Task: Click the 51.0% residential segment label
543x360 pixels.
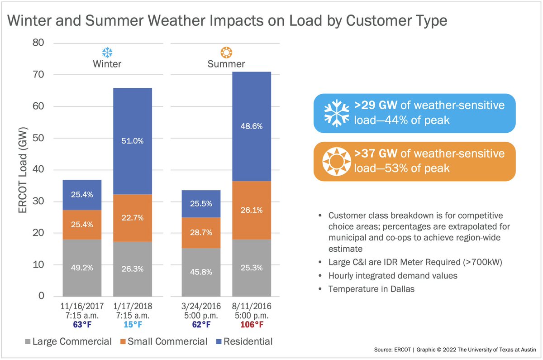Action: [133, 141]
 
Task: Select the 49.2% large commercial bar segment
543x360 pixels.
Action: [82, 268]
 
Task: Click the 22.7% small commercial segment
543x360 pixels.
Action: [133, 217]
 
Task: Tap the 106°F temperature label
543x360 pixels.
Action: [251, 324]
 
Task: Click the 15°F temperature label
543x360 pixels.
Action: [133, 324]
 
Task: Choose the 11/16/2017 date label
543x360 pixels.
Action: [82, 307]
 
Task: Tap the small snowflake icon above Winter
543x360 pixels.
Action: [107, 52]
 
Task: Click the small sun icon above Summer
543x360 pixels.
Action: [226, 52]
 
